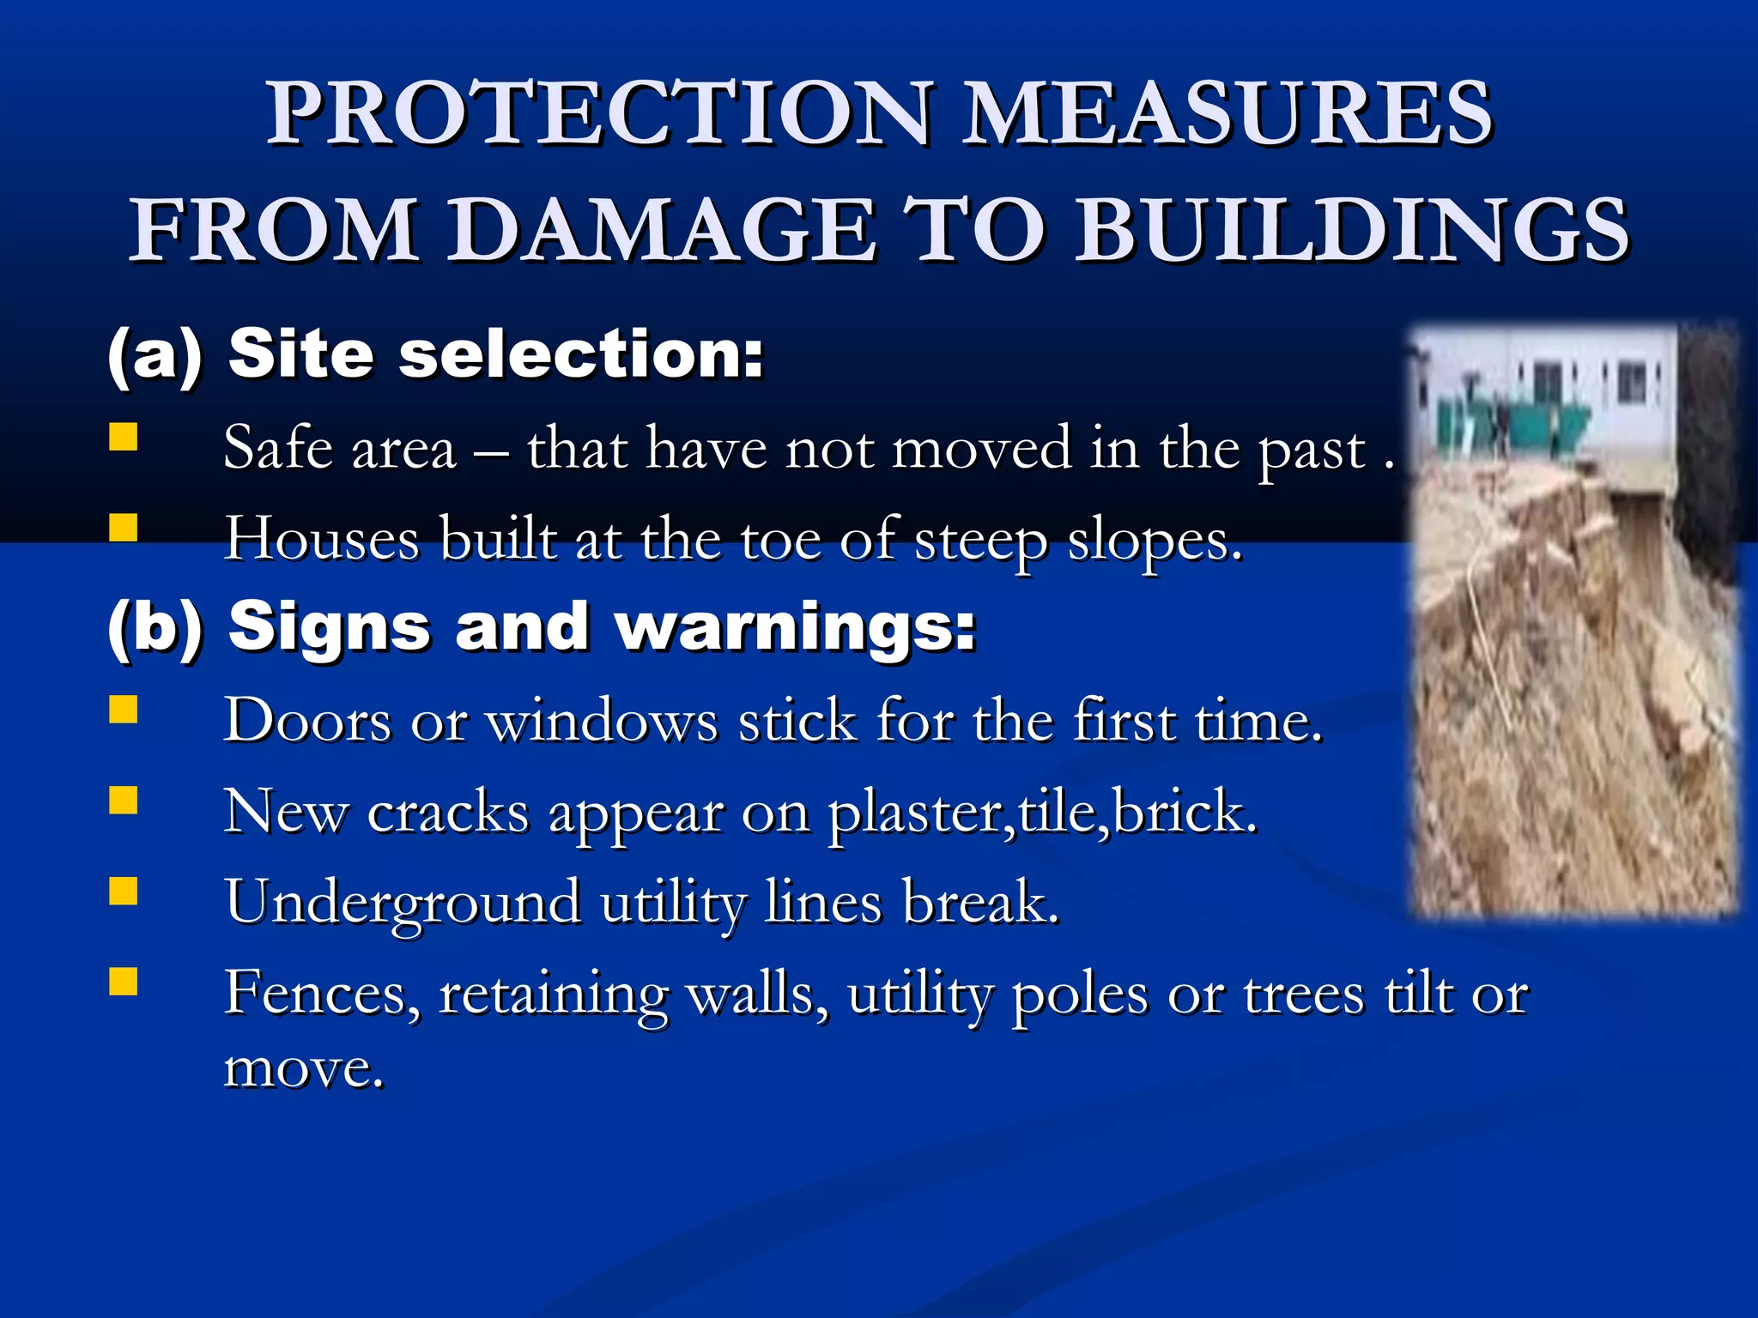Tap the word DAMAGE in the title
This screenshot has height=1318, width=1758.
point(664,229)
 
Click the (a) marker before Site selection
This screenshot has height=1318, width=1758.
point(155,354)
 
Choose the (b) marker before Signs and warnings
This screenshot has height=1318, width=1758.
point(155,627)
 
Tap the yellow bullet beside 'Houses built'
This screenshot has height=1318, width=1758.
point(124,528)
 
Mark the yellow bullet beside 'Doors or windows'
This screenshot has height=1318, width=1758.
point(124,710)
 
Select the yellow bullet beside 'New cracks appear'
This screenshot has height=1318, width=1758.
point(124,801)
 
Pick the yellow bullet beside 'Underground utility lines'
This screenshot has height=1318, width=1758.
point(124,892)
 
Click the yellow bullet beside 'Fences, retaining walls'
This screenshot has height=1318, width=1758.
point(124,982)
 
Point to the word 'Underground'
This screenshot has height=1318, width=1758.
point(403,903)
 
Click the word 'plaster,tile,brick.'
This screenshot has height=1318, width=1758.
point(1042,812)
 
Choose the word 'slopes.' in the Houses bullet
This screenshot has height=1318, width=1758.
point(1155,541)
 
